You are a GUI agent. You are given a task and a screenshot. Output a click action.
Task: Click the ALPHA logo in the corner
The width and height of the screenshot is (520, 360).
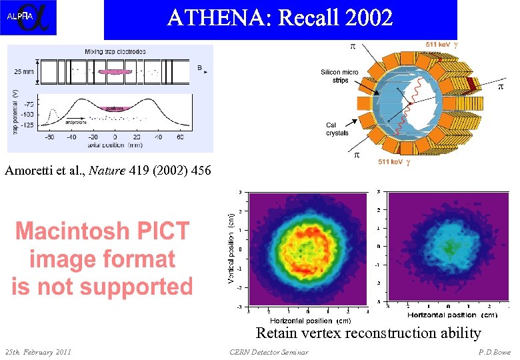point(28,17)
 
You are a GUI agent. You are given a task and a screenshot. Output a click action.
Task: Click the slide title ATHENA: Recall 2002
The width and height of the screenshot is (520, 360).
point(280,18)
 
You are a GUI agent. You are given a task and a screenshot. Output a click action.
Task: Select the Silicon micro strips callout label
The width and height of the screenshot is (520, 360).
point(339,75)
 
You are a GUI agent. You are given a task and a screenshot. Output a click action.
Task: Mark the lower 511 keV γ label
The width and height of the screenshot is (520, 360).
point(394,162)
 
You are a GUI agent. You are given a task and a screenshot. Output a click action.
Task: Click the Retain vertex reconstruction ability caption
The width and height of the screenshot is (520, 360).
point(369,333)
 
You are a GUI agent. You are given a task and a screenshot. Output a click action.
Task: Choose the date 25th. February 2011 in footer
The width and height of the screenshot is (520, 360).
point(38,352)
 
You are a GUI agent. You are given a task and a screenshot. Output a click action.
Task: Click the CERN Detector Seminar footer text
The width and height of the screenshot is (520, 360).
point(269,352)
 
